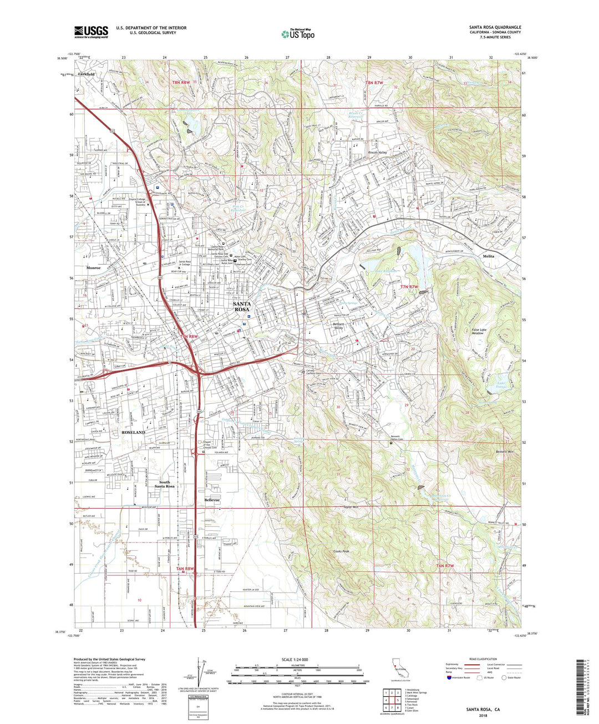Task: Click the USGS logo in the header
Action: coord(92,32)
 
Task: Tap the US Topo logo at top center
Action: coord(299,34)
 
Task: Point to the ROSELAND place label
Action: coord(133,432)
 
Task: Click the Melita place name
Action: coord(488,256)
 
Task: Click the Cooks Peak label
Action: coord(341,551)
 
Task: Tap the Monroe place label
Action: coord(94,267)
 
